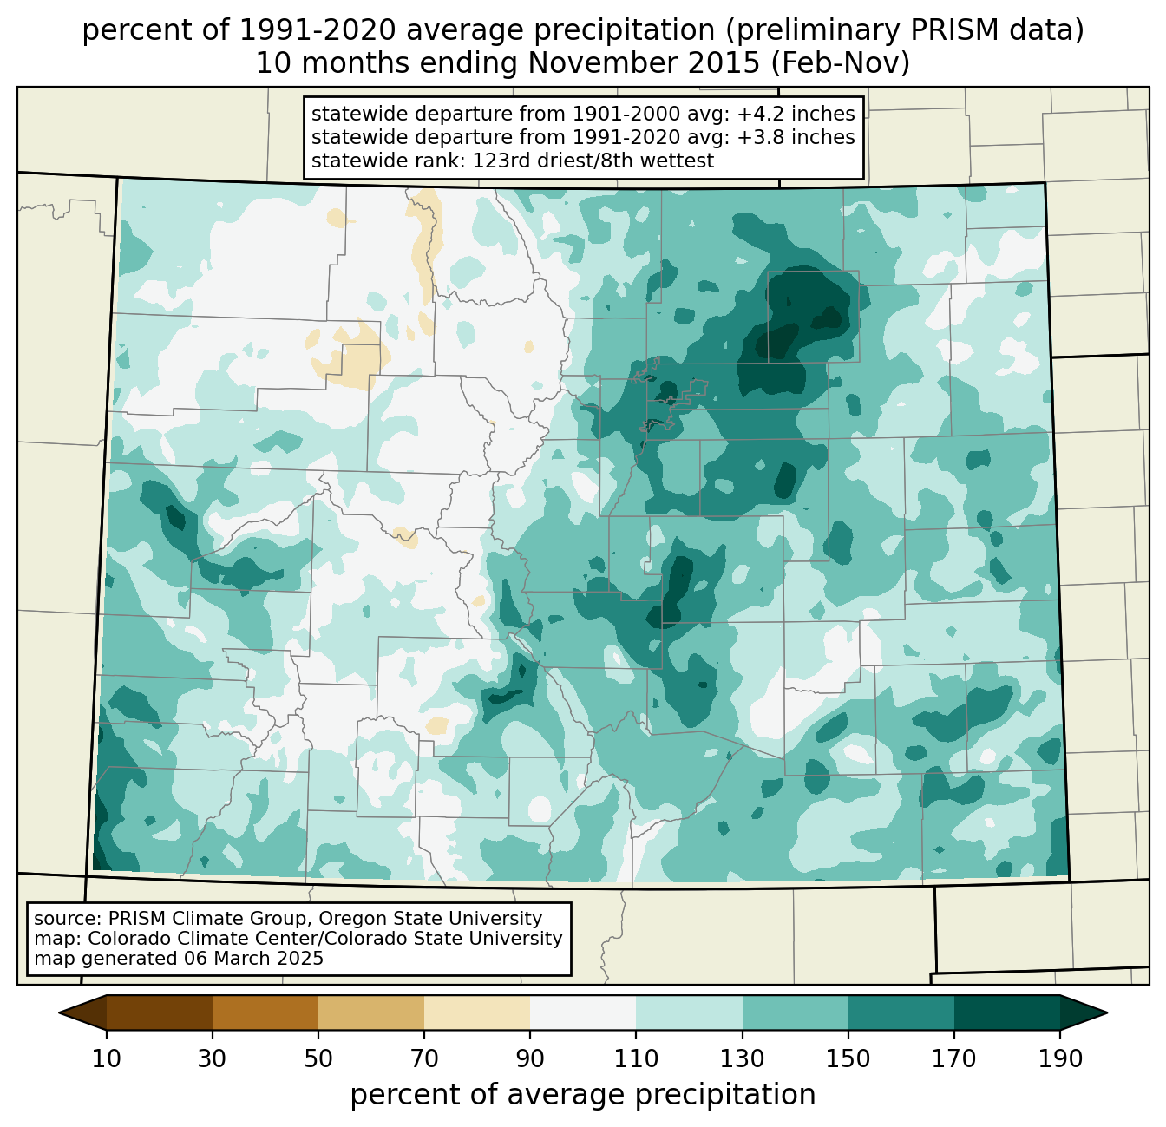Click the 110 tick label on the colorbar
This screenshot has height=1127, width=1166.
tap(636, 1059)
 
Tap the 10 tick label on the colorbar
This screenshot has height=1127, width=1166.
tap(107, 1059)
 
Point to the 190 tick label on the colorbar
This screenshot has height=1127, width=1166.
tap(1059, 1059)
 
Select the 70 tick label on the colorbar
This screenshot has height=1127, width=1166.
tap(424, 1059)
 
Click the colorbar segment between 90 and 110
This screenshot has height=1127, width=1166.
tap(583, 1012)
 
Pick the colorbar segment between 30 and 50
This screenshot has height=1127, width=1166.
tap(265, 1012)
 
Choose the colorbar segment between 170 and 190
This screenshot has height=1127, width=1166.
tap(1006, 1012)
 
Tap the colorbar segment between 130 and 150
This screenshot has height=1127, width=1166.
tap(795, 1012)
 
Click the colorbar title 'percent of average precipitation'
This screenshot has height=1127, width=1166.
tap(583, 1095)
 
